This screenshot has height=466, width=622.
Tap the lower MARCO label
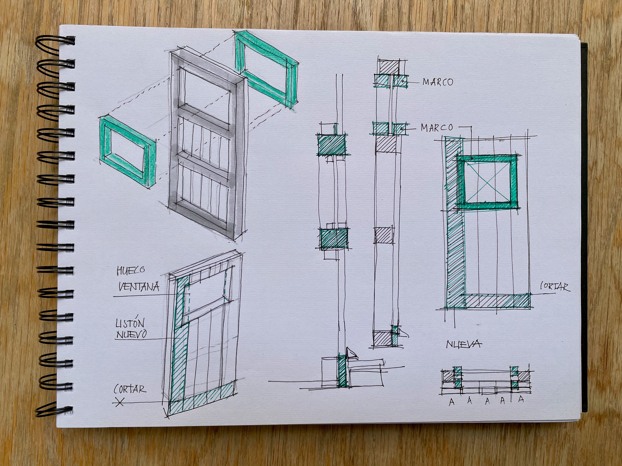437,128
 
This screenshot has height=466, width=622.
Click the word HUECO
131,270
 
